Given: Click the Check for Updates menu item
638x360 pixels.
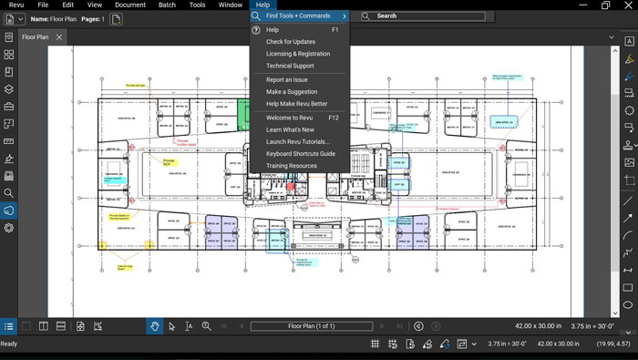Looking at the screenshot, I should point(291,42).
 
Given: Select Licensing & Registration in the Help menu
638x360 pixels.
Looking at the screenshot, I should point(297,54).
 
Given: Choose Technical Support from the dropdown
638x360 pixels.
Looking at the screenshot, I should point(289,66).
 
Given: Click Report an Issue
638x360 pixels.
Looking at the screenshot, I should point(287,80).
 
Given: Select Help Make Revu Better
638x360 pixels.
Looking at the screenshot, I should point(296,104).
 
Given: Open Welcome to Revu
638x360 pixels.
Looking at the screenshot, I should point(289,118).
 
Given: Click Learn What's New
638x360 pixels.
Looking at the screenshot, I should point(290,129).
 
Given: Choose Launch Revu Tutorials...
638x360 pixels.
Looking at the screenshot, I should point(297,141).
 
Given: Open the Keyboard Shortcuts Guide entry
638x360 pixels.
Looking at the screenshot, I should point(300,153).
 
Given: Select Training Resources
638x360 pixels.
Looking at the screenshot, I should point(291,166).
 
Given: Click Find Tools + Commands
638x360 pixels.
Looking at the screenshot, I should point(299,16).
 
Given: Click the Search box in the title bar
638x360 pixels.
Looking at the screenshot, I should point(419,15).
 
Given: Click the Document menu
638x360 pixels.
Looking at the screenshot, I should point(130,5).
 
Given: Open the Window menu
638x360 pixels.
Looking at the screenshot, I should point(231,5).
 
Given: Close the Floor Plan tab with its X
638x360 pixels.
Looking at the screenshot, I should point(59,37).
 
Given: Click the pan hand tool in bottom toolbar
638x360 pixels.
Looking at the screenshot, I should point(155,326).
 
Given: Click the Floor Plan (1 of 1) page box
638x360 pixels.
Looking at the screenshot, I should point(312,326).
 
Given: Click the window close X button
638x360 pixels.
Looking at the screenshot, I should point(629,5).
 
